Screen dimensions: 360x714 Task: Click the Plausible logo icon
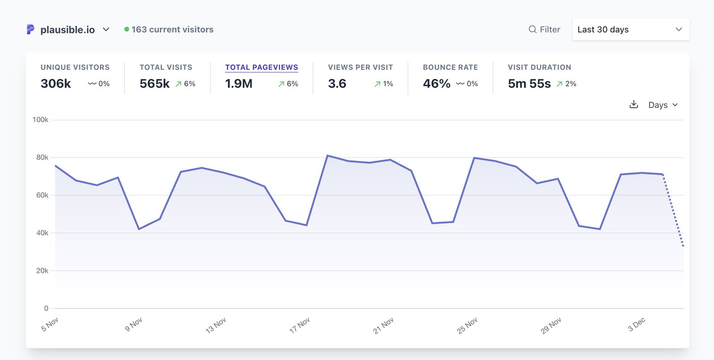30,29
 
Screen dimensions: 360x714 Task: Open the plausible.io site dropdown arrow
106,29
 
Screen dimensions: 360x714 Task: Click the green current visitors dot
127,29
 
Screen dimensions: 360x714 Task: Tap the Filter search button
544,29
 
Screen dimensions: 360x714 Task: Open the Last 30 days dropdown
630,29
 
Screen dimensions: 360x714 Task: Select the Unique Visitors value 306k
56,83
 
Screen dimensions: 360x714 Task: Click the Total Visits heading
166,67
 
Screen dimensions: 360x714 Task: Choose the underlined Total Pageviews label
262,67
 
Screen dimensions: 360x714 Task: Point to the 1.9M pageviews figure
239,83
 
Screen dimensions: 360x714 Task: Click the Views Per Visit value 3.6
337,83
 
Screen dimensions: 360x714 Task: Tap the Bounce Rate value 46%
436,83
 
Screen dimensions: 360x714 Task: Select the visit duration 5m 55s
529,83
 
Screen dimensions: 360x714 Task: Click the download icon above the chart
634,104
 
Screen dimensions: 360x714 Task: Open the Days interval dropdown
663,105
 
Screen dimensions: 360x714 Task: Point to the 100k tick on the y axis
40,120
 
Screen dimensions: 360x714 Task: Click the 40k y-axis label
42,233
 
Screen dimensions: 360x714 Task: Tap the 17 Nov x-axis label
299,325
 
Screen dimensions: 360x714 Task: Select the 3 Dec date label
637,324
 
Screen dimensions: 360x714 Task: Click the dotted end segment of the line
673,210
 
